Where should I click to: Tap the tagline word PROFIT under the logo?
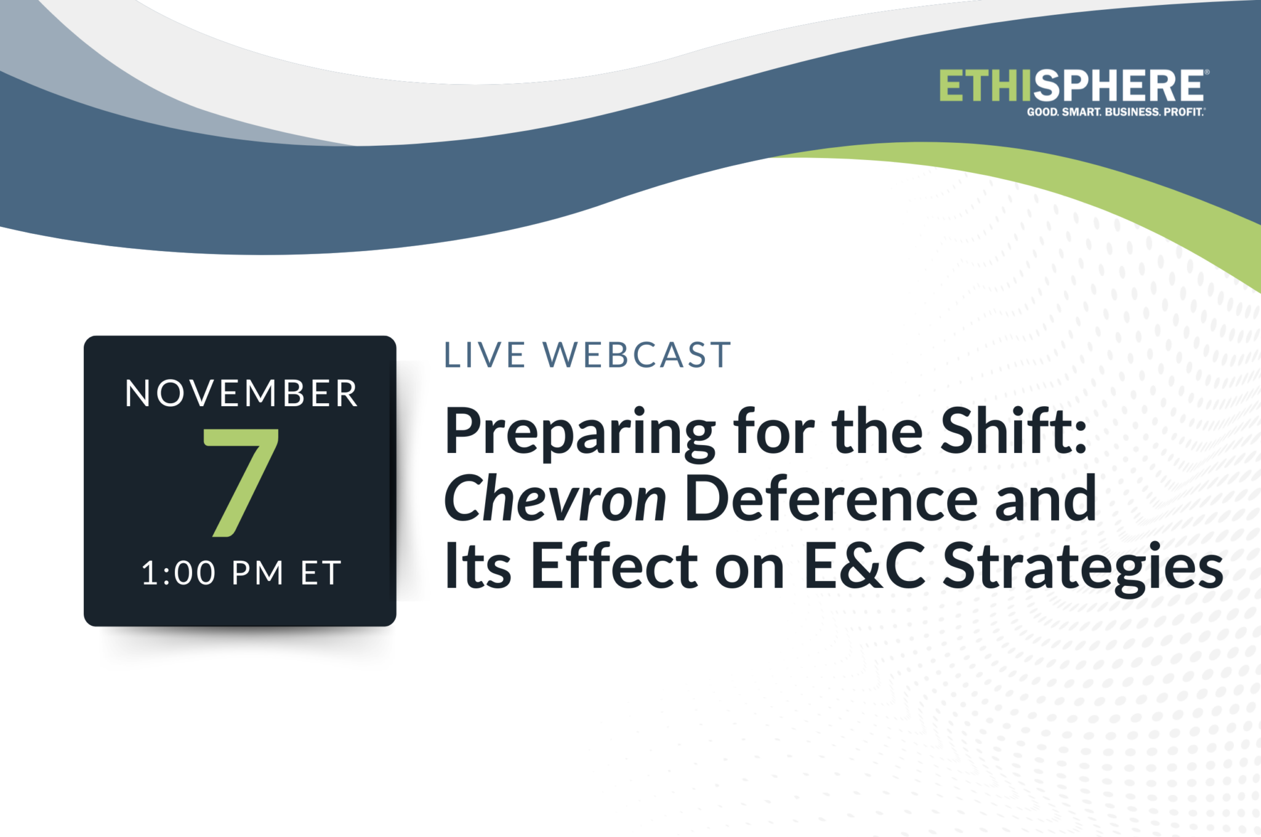(x=1183, y=112)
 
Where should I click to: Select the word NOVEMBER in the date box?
(x=241, y=393)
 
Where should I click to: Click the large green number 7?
(x=241, y=483)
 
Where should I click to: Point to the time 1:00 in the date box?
(x=179, y=573)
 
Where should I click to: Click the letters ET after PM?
(x=321, y=573)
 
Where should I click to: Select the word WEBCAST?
(x=637, y=355)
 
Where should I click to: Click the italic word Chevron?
(x=554, y=499)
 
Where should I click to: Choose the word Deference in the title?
(x=831, y=499)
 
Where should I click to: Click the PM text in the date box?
(x=257, y=573)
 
